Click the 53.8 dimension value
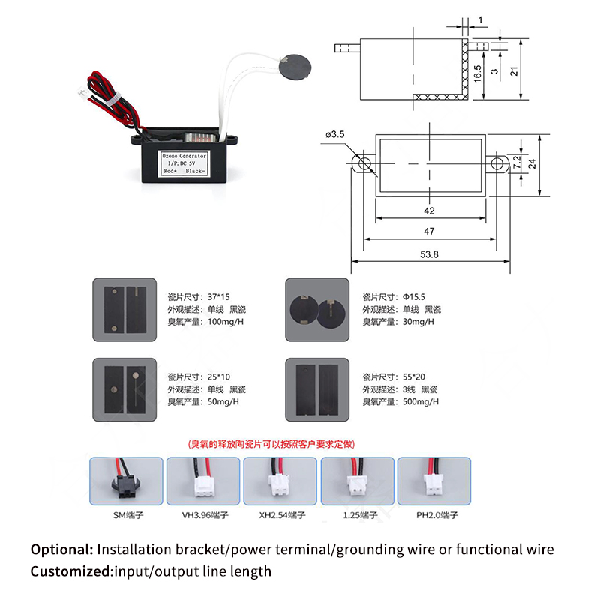[429, 255]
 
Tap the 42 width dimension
[429, 211]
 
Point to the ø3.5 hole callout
[335, 134]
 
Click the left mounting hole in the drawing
[364, 163]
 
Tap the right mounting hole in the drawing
[495, 163]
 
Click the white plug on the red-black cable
[79, 95]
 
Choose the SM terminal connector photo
[124, 481]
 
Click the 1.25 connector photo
[355, 481]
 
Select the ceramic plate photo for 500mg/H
[317, 388]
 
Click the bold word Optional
[62, 550]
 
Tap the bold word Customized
[70, 571]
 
